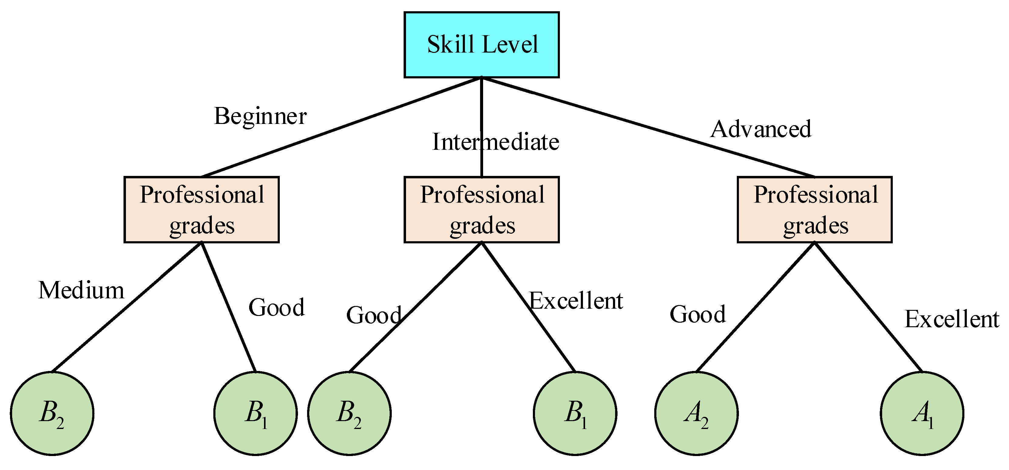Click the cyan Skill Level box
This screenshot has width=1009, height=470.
point(481,45)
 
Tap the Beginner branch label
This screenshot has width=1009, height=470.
point(260,116)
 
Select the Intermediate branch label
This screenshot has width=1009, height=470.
point(495,142)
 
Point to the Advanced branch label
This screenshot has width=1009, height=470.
point(761,129)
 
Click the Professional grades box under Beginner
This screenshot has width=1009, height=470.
point(201,210)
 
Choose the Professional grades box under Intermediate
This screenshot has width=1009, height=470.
point(481,210)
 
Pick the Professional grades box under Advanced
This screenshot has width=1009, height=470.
point(815,210)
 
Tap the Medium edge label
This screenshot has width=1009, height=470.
point(81,291)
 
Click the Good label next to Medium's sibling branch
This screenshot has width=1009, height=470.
point(276,307)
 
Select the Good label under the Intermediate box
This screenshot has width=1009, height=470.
point(374,315)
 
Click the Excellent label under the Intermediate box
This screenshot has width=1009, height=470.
point(576,301)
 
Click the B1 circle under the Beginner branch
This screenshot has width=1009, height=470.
point(256,413)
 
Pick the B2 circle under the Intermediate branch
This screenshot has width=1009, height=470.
point(349,413)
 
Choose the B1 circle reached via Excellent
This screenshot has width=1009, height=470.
point(575,413)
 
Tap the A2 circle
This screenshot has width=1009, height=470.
point(696,413)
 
